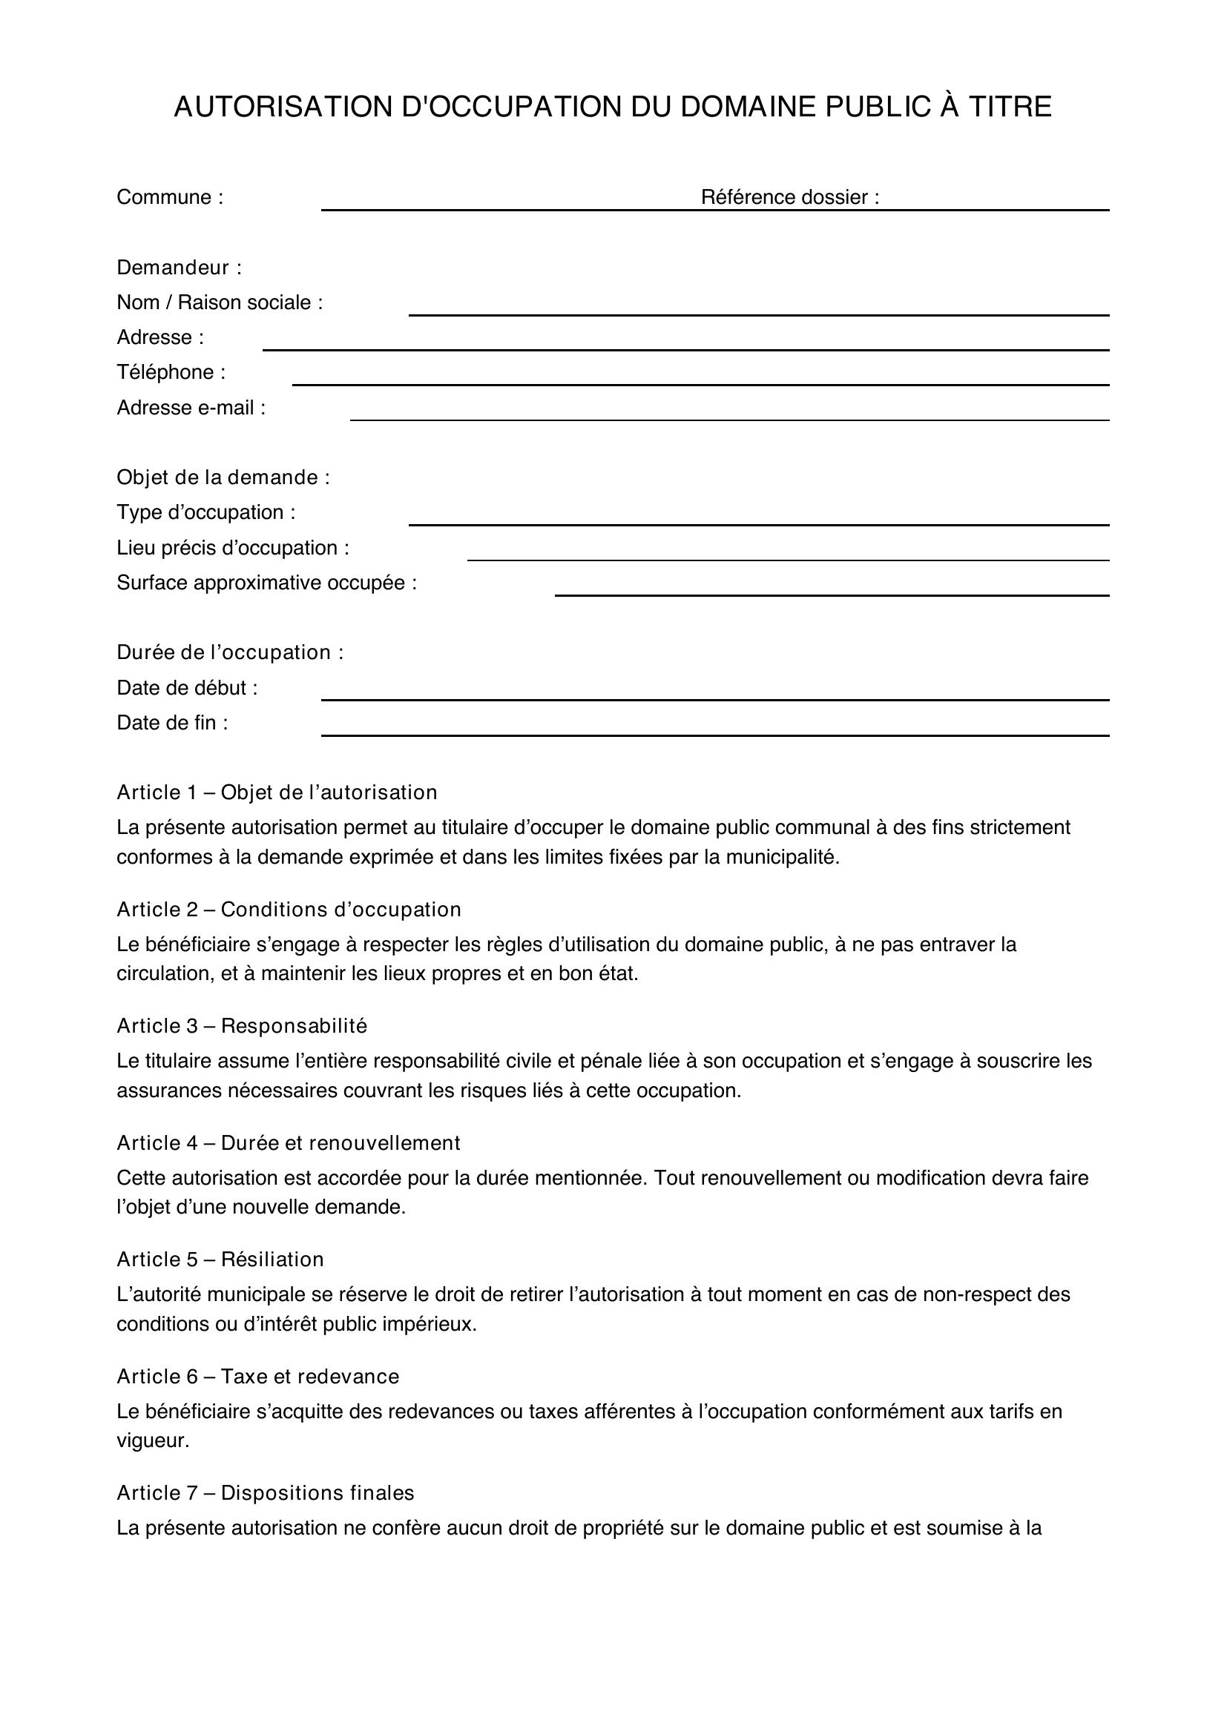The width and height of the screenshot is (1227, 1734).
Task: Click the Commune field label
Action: pos(169,197)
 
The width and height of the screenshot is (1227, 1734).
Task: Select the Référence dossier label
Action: pos(789,197)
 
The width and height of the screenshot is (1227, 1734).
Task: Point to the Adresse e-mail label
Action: pos(191,408)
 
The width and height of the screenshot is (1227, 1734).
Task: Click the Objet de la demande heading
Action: pos(223,477)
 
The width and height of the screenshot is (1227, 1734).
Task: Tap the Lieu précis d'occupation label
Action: pos(233,548)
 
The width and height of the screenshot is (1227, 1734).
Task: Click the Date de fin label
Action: pos(171,723)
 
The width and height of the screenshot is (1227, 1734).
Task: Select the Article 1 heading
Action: pos(277,792)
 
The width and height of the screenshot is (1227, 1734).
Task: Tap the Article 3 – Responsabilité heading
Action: pos(242,1025)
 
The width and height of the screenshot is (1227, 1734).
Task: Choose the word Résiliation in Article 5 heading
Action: pos(272,1259)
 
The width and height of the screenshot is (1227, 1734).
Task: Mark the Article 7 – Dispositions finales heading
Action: pos(265,1492)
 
